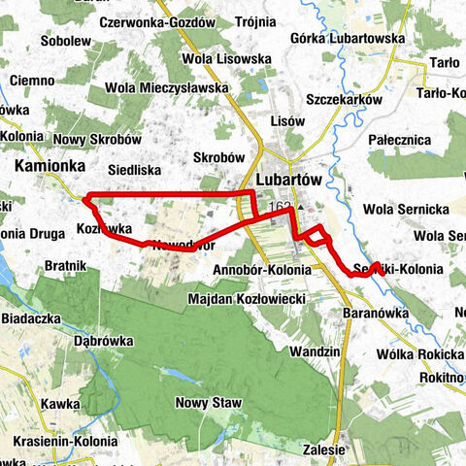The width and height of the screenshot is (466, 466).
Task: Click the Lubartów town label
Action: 290,181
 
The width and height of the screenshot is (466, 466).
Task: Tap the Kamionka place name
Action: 48,167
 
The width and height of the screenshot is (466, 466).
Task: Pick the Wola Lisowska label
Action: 231,58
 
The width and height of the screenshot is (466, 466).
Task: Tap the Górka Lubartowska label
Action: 347,38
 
